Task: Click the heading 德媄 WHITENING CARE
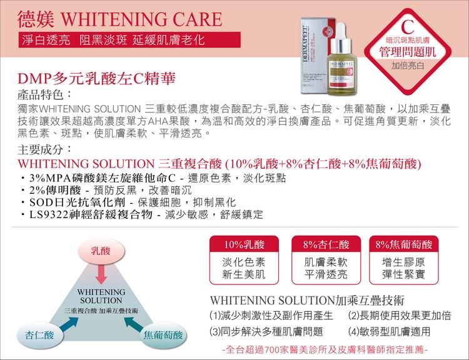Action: click(119, 19)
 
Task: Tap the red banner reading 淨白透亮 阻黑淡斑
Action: click(129, 40)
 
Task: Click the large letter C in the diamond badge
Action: click(408, 27)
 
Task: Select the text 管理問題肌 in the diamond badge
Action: click(407, 52)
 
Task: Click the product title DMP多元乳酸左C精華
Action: click(96, 79)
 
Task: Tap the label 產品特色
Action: click(44, 95)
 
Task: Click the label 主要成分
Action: click(44, 149)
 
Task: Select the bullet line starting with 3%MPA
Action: click(153, 178)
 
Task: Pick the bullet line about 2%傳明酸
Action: click(106, 190)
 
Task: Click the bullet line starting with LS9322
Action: click(142, 214)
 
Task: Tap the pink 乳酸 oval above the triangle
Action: click(101, 251)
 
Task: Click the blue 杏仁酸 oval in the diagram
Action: click(40, 335)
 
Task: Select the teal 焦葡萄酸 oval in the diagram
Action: click(163, 335)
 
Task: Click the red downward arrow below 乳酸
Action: click(101, 274)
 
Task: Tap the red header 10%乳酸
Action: click(244, 244)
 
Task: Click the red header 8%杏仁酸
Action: click(326, 244)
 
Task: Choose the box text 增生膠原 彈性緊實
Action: click(403, 268)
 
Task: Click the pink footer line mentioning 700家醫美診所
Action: click(325, 349)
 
